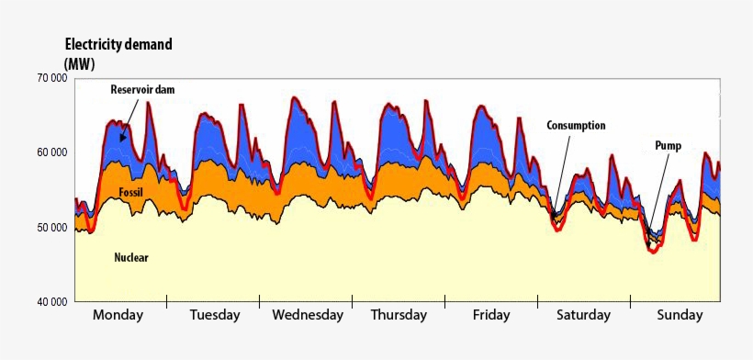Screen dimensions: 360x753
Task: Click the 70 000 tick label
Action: point(51,78)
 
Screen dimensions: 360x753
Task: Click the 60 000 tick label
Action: point(51,152)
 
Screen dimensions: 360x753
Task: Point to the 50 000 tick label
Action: point(51,227)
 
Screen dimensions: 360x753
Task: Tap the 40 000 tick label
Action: point(51,302)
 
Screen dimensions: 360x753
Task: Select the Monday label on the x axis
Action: point(118,315)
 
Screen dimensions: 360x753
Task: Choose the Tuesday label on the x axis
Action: point(215,315)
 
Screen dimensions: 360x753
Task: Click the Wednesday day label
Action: point(308,315)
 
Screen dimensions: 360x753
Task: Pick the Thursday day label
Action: point(399,315)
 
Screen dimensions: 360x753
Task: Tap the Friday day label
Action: point(491,315)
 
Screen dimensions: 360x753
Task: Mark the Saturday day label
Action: point(583,315)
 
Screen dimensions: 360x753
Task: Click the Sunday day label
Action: point(680,315)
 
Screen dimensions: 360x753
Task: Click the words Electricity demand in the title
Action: point(118,44)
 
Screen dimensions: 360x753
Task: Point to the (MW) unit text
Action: point(80,62)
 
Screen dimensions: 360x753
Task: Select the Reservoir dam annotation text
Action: point(142,89)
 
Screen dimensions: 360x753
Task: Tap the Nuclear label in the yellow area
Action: point(131,258)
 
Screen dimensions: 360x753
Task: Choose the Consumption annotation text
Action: point(576,126)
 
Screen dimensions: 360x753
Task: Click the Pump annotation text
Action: point(668,145)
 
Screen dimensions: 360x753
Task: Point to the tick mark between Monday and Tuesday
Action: point(167,301)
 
